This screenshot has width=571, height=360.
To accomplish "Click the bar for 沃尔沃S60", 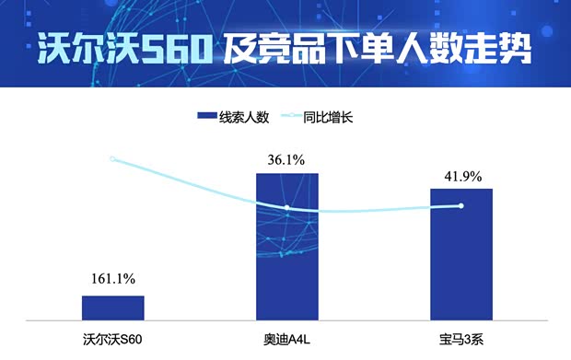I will [x=113, y=308].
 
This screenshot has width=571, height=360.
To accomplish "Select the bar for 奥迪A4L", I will [x=286, y=247].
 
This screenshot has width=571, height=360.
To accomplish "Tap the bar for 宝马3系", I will [x=460, y=254].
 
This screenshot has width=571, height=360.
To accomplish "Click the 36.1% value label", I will [x=286, y=159].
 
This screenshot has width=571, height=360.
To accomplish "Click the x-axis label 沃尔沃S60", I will [x=113, y=336].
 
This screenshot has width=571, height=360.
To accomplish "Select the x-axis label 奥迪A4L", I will [x=286, y=336].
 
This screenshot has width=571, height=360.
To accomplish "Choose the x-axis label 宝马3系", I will [x=460, y=336].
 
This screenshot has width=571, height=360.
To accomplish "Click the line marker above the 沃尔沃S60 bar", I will [x=112, y=159].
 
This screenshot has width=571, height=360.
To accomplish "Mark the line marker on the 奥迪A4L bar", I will [x=286, y=208].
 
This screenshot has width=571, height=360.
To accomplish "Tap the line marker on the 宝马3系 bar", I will [x=460, y=205].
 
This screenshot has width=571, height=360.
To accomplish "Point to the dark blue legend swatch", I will [x=206, y=117].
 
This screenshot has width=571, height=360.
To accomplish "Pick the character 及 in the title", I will [x=239, y=48].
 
